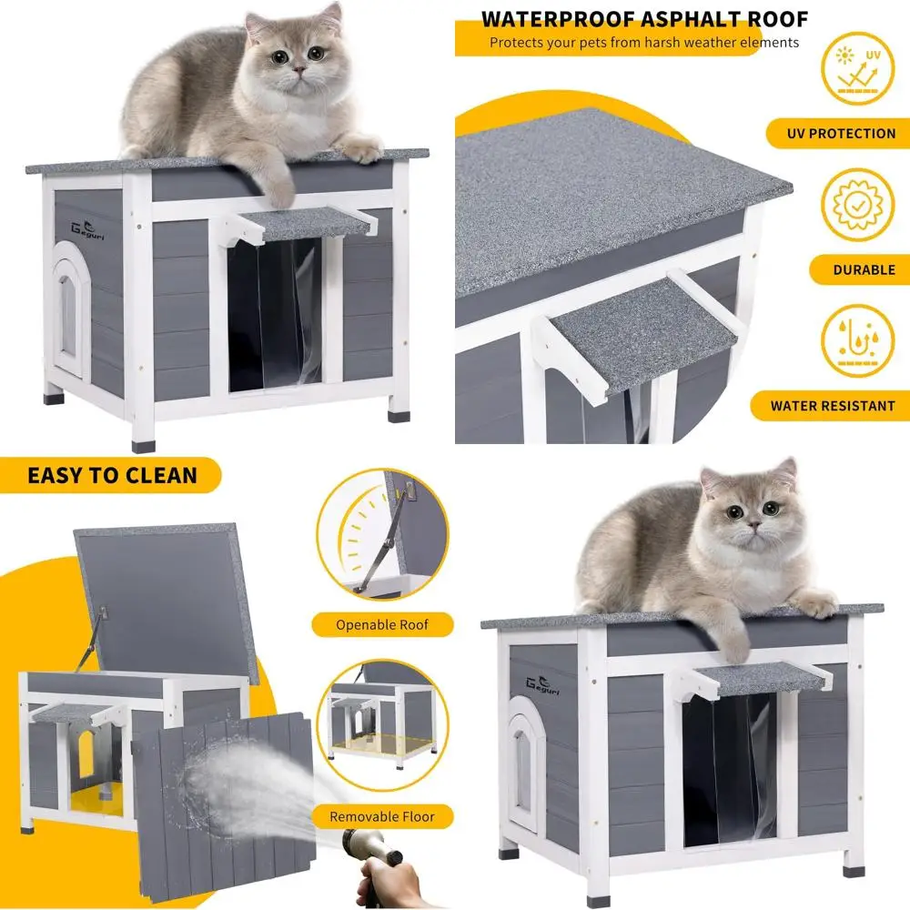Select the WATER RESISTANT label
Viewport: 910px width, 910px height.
pyautogui.click(x=833, y=406)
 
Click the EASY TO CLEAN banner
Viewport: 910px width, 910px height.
pyautogui.click(x=111, y=474)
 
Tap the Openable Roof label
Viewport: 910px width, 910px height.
pyautogui.click(x=381, y=624)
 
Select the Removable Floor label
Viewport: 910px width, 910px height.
pyautogui.click(x=381, y=816)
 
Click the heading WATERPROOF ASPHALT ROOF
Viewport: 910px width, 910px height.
pyautogui.click(x=644, y=19)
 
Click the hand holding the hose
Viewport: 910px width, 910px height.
pyautogui.click(x=391, y=878)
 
